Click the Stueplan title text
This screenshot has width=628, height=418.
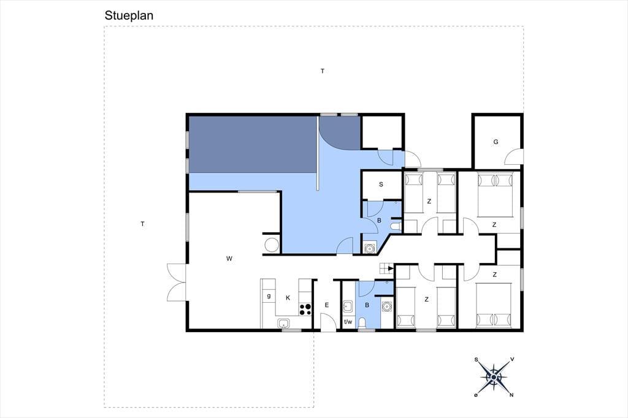(x=129, y=15)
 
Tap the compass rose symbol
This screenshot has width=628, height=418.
(x=494, y=377)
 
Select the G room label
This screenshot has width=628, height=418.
(x=496, y=142)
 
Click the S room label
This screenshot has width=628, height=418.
(x=381, y=184)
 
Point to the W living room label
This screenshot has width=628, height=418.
(x=229, y=259)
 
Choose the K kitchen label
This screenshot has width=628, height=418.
(x=288, y=298)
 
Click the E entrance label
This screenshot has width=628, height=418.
(x=327, y=305)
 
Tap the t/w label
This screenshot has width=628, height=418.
(x=348, y=322)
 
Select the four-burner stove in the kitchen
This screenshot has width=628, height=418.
(x=305, y=309)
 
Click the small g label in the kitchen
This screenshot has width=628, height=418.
(x=269, y=296)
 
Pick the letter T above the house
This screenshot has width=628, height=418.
(x=323, y=71)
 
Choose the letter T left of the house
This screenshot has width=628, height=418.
(x=142, y=224)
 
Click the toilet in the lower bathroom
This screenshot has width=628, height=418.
(x=362, y=323)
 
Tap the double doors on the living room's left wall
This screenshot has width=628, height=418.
(x=177, y=283)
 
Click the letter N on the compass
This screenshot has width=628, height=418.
(x=511, y=395)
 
